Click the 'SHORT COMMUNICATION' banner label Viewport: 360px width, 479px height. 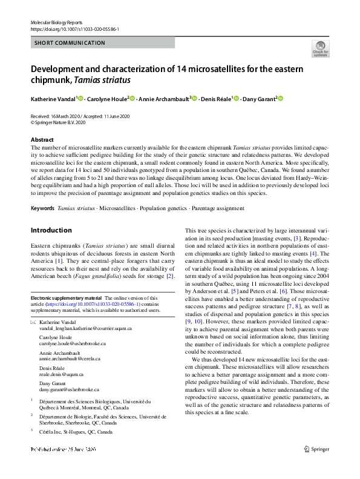pyautogui.click(x=70, y=43)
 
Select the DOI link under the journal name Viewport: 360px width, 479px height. pyautogui.click(x=74, y=28)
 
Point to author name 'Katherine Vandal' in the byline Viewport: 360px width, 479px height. pyautogui.click(x=53, y=99)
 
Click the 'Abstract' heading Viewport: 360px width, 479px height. pyautogui.click(x=42, y=140)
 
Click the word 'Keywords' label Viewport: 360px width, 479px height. pyautogui.click(x=42, y=208)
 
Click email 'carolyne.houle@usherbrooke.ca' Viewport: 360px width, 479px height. pyautogui.click(x=73, y=343)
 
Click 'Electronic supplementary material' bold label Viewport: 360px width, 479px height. pyautogui.click(x=67, y=298)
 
